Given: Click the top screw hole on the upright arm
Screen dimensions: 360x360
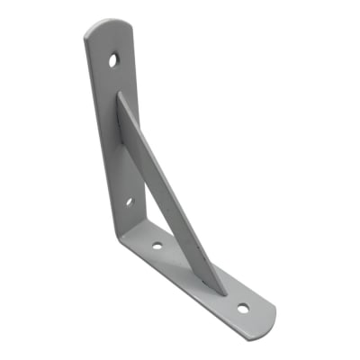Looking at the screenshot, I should pyautogui.click(x=114, y=61).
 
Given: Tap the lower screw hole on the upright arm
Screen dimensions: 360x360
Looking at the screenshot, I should pyautogui.click(x=128, y=201).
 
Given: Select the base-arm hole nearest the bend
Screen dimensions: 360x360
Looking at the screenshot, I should pyautogui.click(x=157, y=243).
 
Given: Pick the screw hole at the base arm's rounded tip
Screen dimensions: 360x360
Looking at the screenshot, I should pyautogui.click(x=243, y=309).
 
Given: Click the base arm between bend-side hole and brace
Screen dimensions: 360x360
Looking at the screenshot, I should pyautogui.click(x=180, y=261).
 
